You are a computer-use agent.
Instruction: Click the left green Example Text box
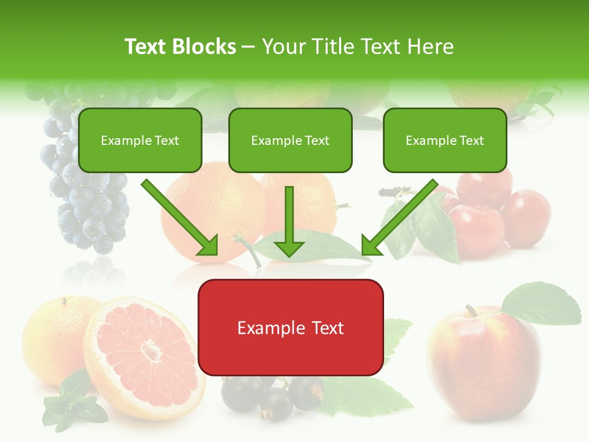tap(140, 140)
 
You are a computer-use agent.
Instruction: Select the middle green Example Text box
tap(290, 140)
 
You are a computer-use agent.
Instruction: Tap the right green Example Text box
tap(445, 140)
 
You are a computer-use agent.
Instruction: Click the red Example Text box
tap(290, 327)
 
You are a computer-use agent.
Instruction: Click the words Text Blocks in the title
tap(180, 47)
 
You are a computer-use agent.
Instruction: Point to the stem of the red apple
tap(471, 311)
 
